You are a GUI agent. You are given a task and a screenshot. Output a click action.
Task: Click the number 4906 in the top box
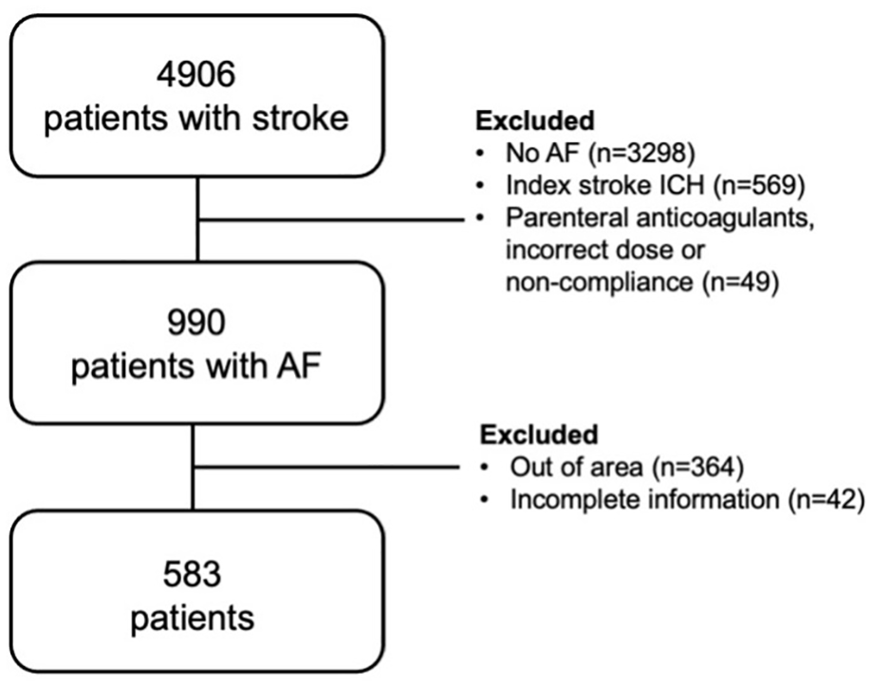tap(195, 74)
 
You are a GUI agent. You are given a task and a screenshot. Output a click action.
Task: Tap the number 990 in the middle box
tap(196, 323)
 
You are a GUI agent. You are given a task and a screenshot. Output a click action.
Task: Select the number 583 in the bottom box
tap(192, 574)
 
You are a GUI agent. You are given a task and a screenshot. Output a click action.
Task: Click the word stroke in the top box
tap(300, 118)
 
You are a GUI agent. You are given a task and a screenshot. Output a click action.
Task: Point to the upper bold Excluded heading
tap(535, 121)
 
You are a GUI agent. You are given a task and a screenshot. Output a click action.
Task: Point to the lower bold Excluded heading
tap(539, 435)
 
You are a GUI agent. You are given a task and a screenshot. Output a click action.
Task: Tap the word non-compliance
tap(600, 283)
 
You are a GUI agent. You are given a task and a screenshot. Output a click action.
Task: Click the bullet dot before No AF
tap(481, 154)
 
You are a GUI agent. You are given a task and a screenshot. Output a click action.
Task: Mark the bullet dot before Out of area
tap(486, 468)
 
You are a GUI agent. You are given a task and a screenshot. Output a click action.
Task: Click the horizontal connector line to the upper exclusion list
tap(331, 220)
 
